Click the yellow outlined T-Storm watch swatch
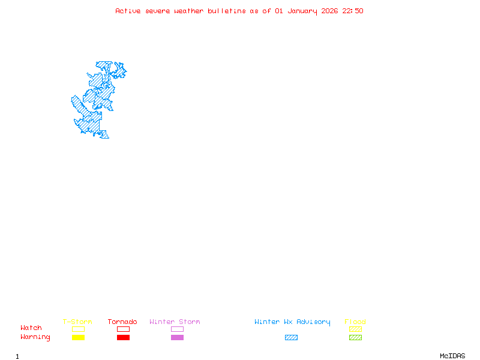(x=78, y=329)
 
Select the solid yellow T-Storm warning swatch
(x=78, y=338)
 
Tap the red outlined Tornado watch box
(x=123, y=329)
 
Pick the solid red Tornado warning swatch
(x=123, y=338)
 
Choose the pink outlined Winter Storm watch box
(x=177, y=329)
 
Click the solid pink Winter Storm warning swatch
(x=177, y=338)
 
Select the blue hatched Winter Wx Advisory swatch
(x=291, y=338)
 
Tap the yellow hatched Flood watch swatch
(x=355, y=329)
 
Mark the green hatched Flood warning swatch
(x=355, y=338)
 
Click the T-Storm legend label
(x=77, y=322)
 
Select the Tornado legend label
(x=122, y=322)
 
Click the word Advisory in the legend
(x=313, y=322)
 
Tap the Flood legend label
(x=355, y=322)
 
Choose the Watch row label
(x=31, y=328)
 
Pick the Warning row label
(x=35, y=337)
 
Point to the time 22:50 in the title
(x=353, y=11)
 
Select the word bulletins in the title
(x=227, y=11)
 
